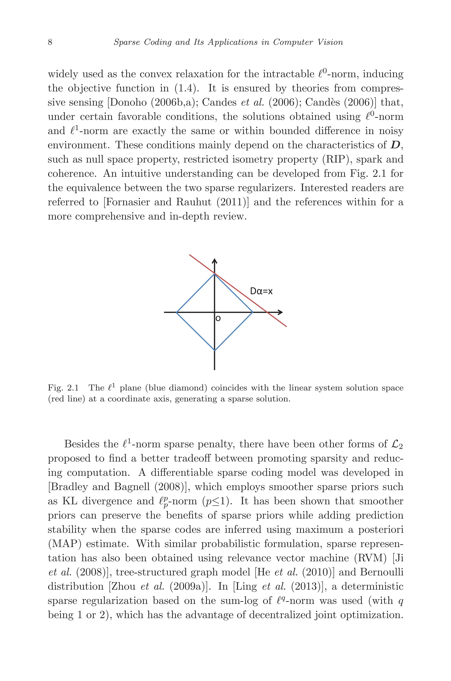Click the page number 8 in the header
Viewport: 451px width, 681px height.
click(x=50, y=42)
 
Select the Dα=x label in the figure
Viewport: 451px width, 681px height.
click(x=261, y=291)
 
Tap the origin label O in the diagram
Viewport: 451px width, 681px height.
click(x=218, y=319)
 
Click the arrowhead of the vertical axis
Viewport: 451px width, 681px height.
click(x=214, y=261)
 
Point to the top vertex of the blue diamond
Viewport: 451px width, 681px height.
click(x=214, y=274)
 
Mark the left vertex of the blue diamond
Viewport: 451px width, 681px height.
click(x=177, y=312)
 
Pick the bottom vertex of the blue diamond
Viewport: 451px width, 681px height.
click(x=214, y=350)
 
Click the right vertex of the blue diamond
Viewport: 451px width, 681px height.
click(x=253, y=312)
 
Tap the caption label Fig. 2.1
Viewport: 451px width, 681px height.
click(x=63, y=388)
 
